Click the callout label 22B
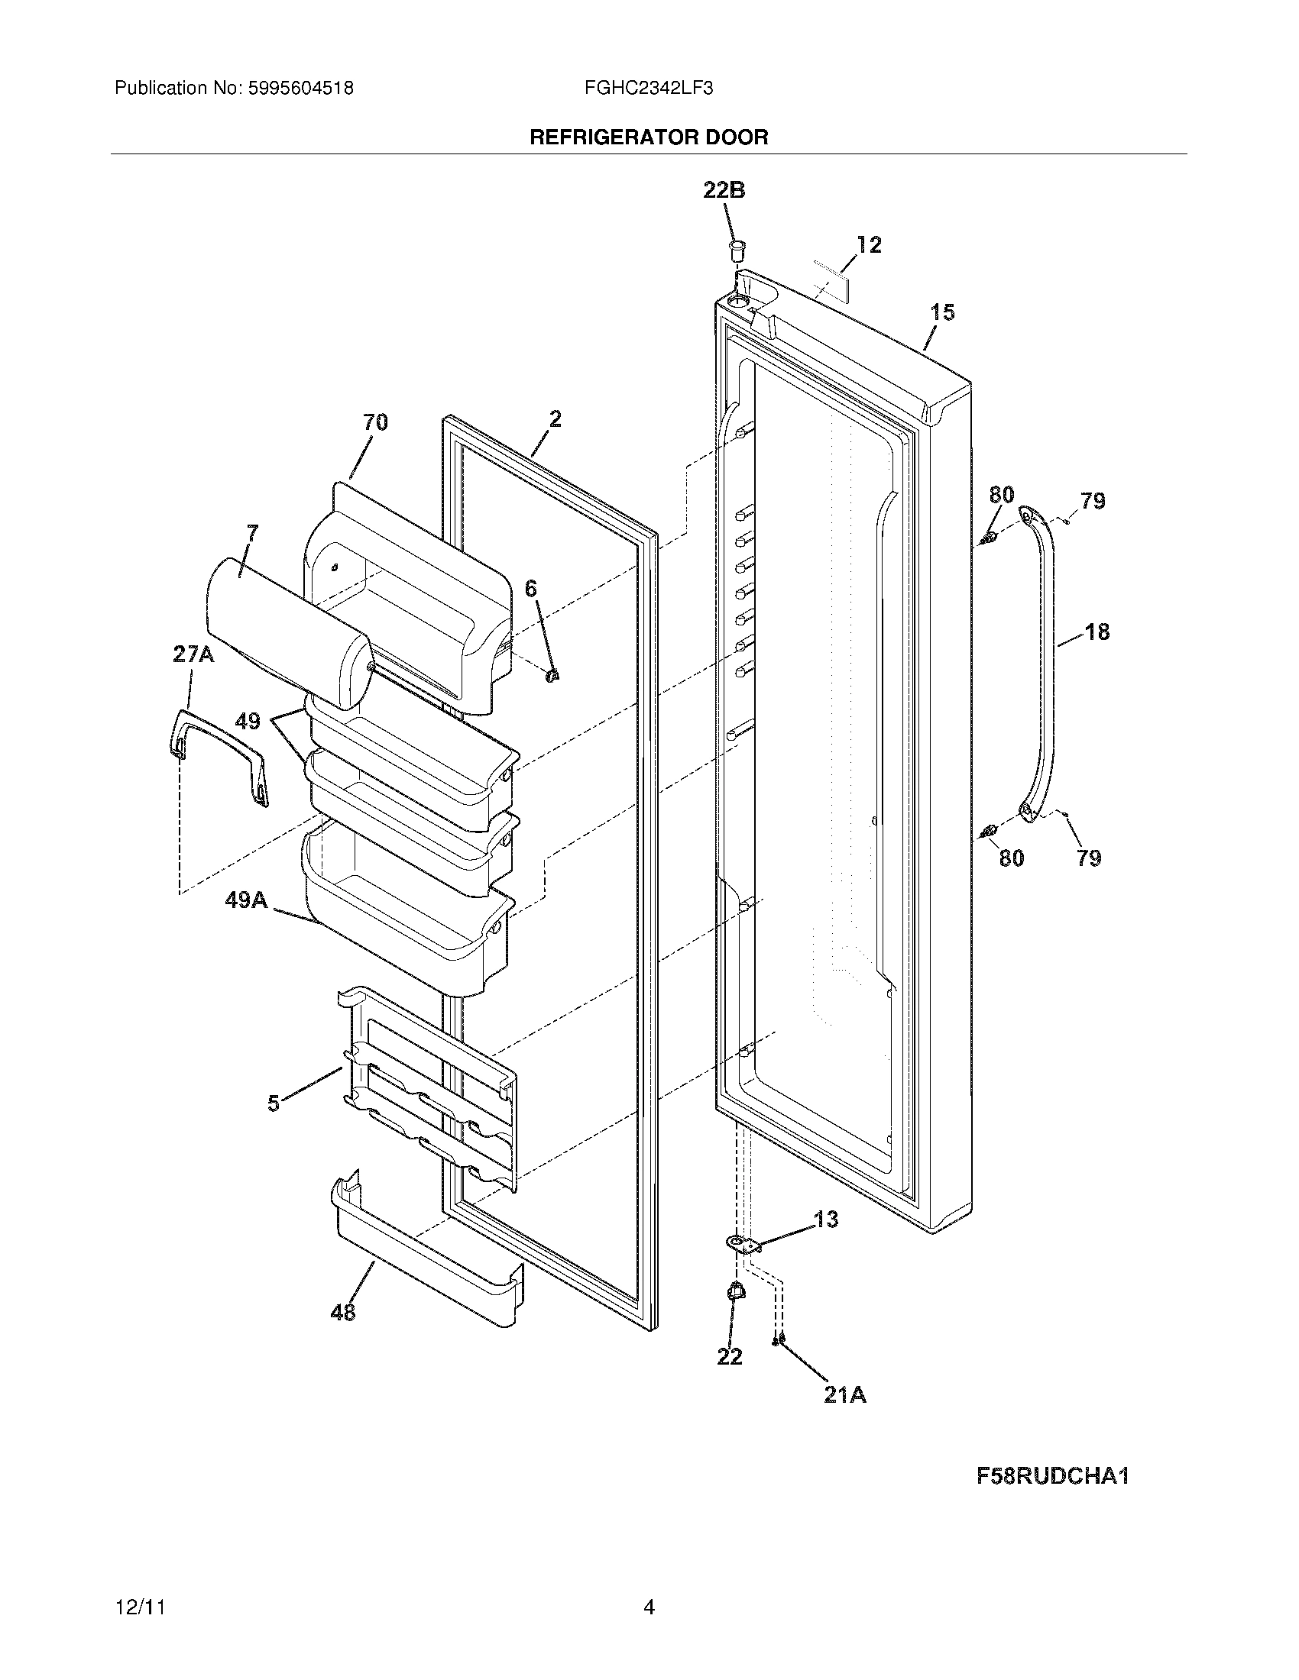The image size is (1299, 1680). pyautogui.click(x=724, y=190)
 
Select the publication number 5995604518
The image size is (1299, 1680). pyautogui.click(x=300, y=89)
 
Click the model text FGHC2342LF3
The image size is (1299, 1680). pyautogui.click(x=648, y=89)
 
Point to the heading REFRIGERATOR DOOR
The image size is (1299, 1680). pyautogui.click(x=648, y=137)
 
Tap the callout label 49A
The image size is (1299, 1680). pyautogui.click(x=246, y=900)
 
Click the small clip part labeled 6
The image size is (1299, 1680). pyautogui.click(x=551, y=675)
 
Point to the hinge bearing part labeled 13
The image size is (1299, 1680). pyautogui.click(x=741, y=1243)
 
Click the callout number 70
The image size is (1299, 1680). pyautogui.click(x=374, y=422)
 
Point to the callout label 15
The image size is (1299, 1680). pyautogui.click(x=942, y=312)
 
